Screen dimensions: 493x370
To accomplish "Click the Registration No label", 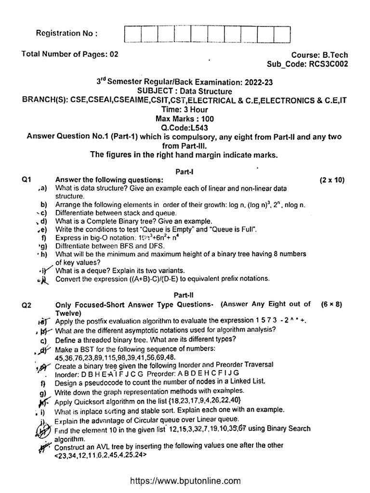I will [x=66, y=33].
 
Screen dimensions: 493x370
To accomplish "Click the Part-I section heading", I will [x=185, y=171].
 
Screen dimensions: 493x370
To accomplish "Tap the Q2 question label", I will [x=26, y=304].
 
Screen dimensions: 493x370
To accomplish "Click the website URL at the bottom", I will [x=185, y=480].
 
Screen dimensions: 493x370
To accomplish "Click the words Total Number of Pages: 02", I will [x=70, y=55].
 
